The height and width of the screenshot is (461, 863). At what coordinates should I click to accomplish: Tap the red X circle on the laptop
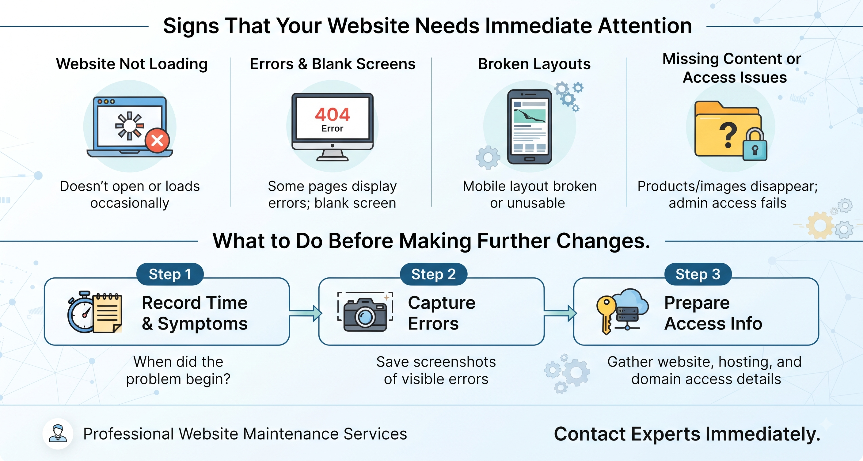(x=157, y=140)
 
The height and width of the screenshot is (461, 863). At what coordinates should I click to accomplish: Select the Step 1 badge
(x=170, y=274)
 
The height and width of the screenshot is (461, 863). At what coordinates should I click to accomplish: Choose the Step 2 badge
(x=434, y=274)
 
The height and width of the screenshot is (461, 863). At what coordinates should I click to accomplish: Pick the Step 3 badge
(x=698, y=274)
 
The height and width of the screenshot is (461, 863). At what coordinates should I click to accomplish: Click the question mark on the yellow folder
(x=728, y=135)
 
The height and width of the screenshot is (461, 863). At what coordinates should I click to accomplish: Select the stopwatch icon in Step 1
(x=81, y=312)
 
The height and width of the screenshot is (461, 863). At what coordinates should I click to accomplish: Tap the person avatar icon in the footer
(x=58, y=433)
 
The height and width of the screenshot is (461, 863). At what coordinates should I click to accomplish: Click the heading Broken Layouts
(x=534, y=64)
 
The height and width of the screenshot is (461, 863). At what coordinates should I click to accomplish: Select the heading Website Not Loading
(x=132, y=64)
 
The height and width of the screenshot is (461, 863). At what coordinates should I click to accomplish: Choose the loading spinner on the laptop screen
(x=130, y=126)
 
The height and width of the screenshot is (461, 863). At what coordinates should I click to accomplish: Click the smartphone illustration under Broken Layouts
(x=529, y=127)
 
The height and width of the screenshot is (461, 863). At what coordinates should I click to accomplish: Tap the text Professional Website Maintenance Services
(x=245, y=434)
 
